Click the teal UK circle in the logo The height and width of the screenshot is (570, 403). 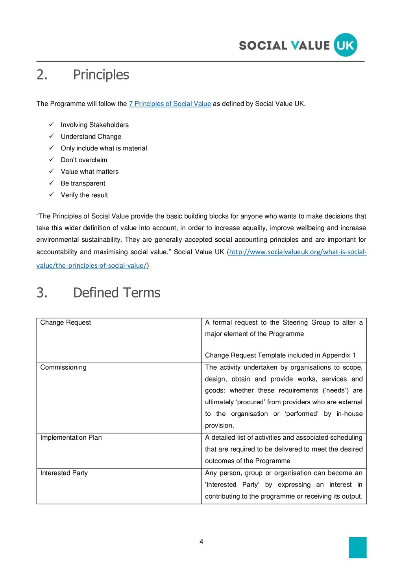point(346,45)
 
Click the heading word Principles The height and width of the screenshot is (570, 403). point(101,74)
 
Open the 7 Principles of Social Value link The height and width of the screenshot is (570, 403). point(170,104)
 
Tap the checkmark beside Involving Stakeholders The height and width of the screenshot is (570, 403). point(51,124)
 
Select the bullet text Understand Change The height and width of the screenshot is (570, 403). point(91,137)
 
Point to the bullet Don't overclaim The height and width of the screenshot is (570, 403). point(84,160)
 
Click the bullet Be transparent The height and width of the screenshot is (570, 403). point(83,183)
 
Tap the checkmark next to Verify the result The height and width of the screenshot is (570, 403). point(51,194)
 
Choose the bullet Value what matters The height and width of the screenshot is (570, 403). point(89,172)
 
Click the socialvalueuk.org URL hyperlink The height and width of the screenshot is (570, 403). point(298,252)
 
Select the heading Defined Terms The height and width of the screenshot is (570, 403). point(116,292)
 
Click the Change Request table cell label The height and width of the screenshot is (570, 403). point(65,322)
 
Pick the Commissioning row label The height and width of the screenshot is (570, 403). point(63,367)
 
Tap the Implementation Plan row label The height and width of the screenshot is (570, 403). point(71,437)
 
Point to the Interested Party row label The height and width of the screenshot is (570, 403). point(64,473)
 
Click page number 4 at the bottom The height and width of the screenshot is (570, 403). point(201,542)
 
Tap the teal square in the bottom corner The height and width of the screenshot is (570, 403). point(357,547)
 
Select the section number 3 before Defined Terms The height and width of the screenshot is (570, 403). point(42,292)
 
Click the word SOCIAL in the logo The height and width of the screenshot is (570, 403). point(263,46)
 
